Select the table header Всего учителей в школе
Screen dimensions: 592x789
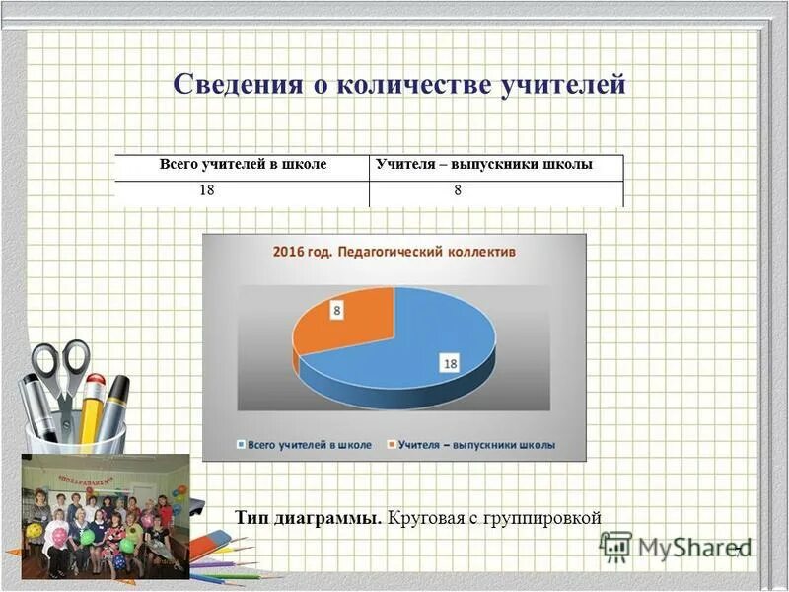click(x=243, y=164)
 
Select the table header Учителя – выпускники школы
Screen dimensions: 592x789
click(x=484, y=164)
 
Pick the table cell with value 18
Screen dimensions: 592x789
click(x=207, y=191)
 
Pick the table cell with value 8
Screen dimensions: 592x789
click(x=458, y=191)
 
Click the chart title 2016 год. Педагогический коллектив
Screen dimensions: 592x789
click(x=394, y=253)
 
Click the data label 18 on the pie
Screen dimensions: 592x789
click(x=451, y=364)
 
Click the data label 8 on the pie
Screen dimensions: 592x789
click(x=336, y=311)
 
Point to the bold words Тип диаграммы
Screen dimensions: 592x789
click(x=309, y=517)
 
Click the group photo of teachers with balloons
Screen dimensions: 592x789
click(x=106, y=515)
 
